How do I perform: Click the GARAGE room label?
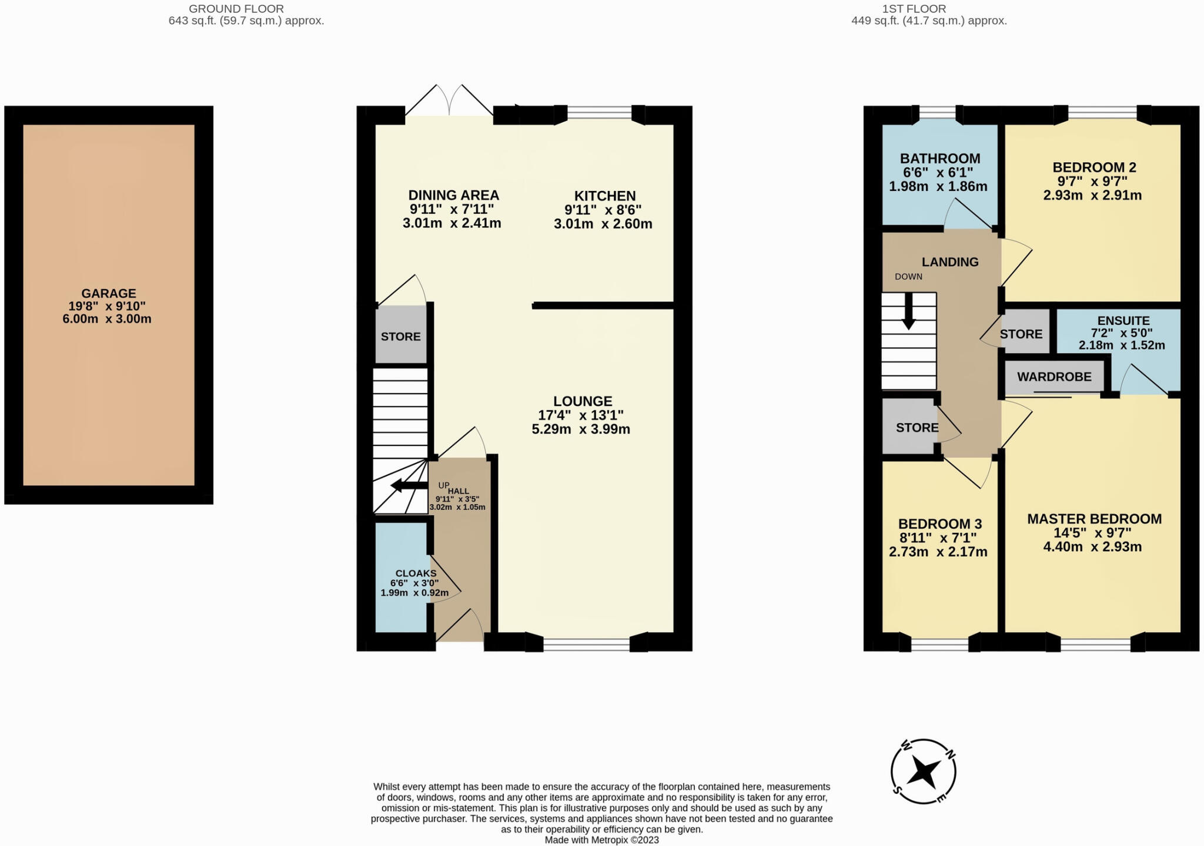[108, 293]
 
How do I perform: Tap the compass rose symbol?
[923, 771]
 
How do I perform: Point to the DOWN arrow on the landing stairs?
[909, 311]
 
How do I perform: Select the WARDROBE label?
[1054, 377]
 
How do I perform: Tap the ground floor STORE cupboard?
[401, 337]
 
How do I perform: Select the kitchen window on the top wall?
[600, 112]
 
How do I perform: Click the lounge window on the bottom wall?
[586, 644]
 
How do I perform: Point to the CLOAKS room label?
[416, 573]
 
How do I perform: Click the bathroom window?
[937, 113]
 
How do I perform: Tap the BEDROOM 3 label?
[939, 524]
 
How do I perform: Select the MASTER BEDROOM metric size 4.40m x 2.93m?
[1092, 547]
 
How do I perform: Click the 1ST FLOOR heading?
[914, 9]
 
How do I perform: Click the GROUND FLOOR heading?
[236, 9]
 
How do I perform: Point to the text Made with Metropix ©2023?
[601, 840]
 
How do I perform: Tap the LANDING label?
[949, 262]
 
